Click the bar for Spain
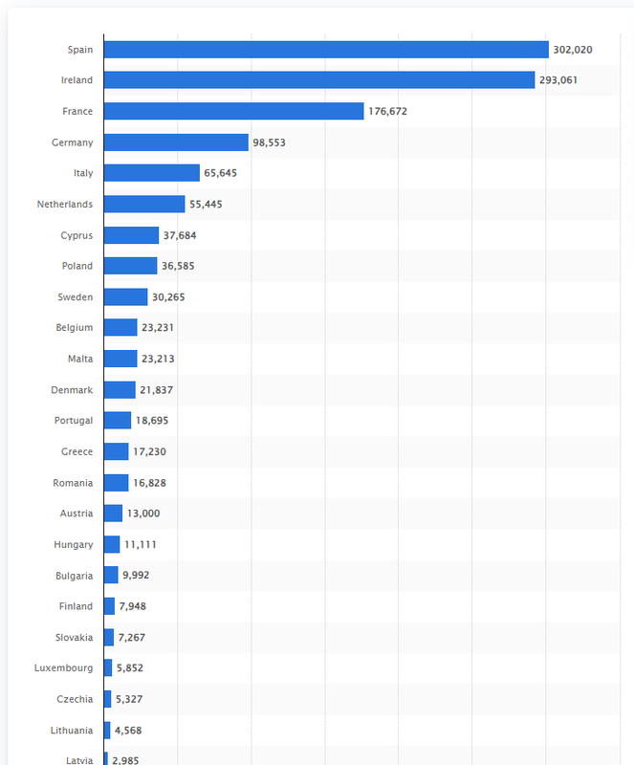pos(326,50)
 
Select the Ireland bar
pos(319,80)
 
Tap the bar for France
pos(233,111)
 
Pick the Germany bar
pos(176,142)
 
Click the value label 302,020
pos(573,50)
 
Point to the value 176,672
pos(387,111)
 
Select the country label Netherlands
pos(65,204)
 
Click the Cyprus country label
pos(77,235)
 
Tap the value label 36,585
pos(178,266)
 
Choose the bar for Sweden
pos(125,297)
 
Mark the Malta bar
pos(120,359)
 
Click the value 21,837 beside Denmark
pos(156,390)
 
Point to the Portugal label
pos(74,421)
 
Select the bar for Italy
pos(152,173)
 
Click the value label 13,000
pos(143,514)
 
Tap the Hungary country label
pos(74,544)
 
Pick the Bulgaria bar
pos(111,575)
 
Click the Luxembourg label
pos(63,667)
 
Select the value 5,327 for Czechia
pos(129,699)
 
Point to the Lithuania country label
pos(72,731)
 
